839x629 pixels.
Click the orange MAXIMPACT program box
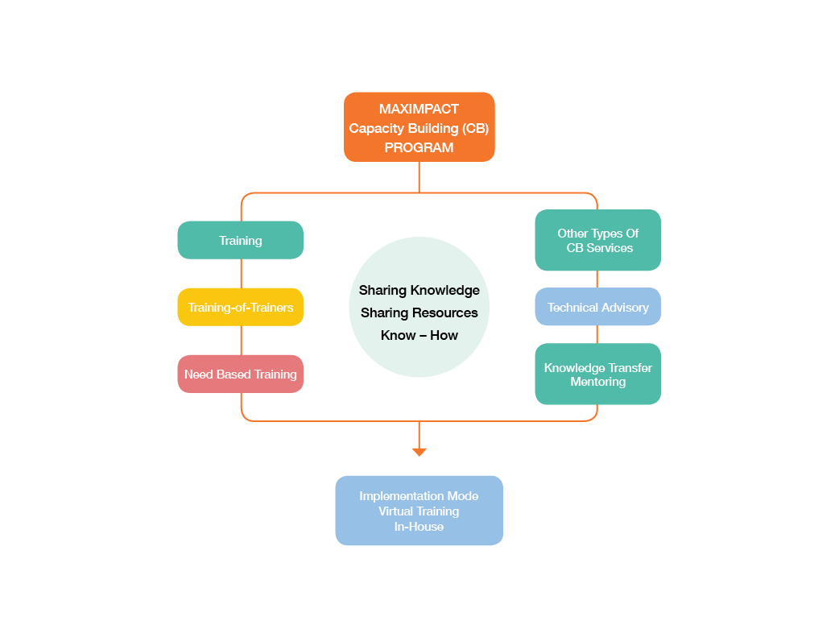pos(419,127)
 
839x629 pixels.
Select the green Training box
pos(240,240)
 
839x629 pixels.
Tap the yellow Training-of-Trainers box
pos(240,308)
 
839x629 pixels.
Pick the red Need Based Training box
pos(240,375)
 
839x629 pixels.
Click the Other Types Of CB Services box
pos(597,240)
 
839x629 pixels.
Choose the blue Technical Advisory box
pos(597,307)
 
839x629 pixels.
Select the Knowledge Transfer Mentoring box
pos(597,374)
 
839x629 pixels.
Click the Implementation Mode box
pos(419,511)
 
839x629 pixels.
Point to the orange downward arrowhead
pos(419,453)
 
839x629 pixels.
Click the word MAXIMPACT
pos(419,110)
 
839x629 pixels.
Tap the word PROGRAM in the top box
pos(419,147)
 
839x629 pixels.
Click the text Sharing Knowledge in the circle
pos(419,290)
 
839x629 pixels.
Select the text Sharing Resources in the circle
pos(419,312)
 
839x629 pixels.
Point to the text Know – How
pos(419,335)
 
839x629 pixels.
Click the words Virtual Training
pos(419,511)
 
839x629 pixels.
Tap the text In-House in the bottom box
pos(419,527)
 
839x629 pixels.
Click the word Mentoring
pos(597,382)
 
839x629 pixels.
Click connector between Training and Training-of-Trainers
pos(242,274)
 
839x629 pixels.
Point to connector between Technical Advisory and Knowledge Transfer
pos(597,334)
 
